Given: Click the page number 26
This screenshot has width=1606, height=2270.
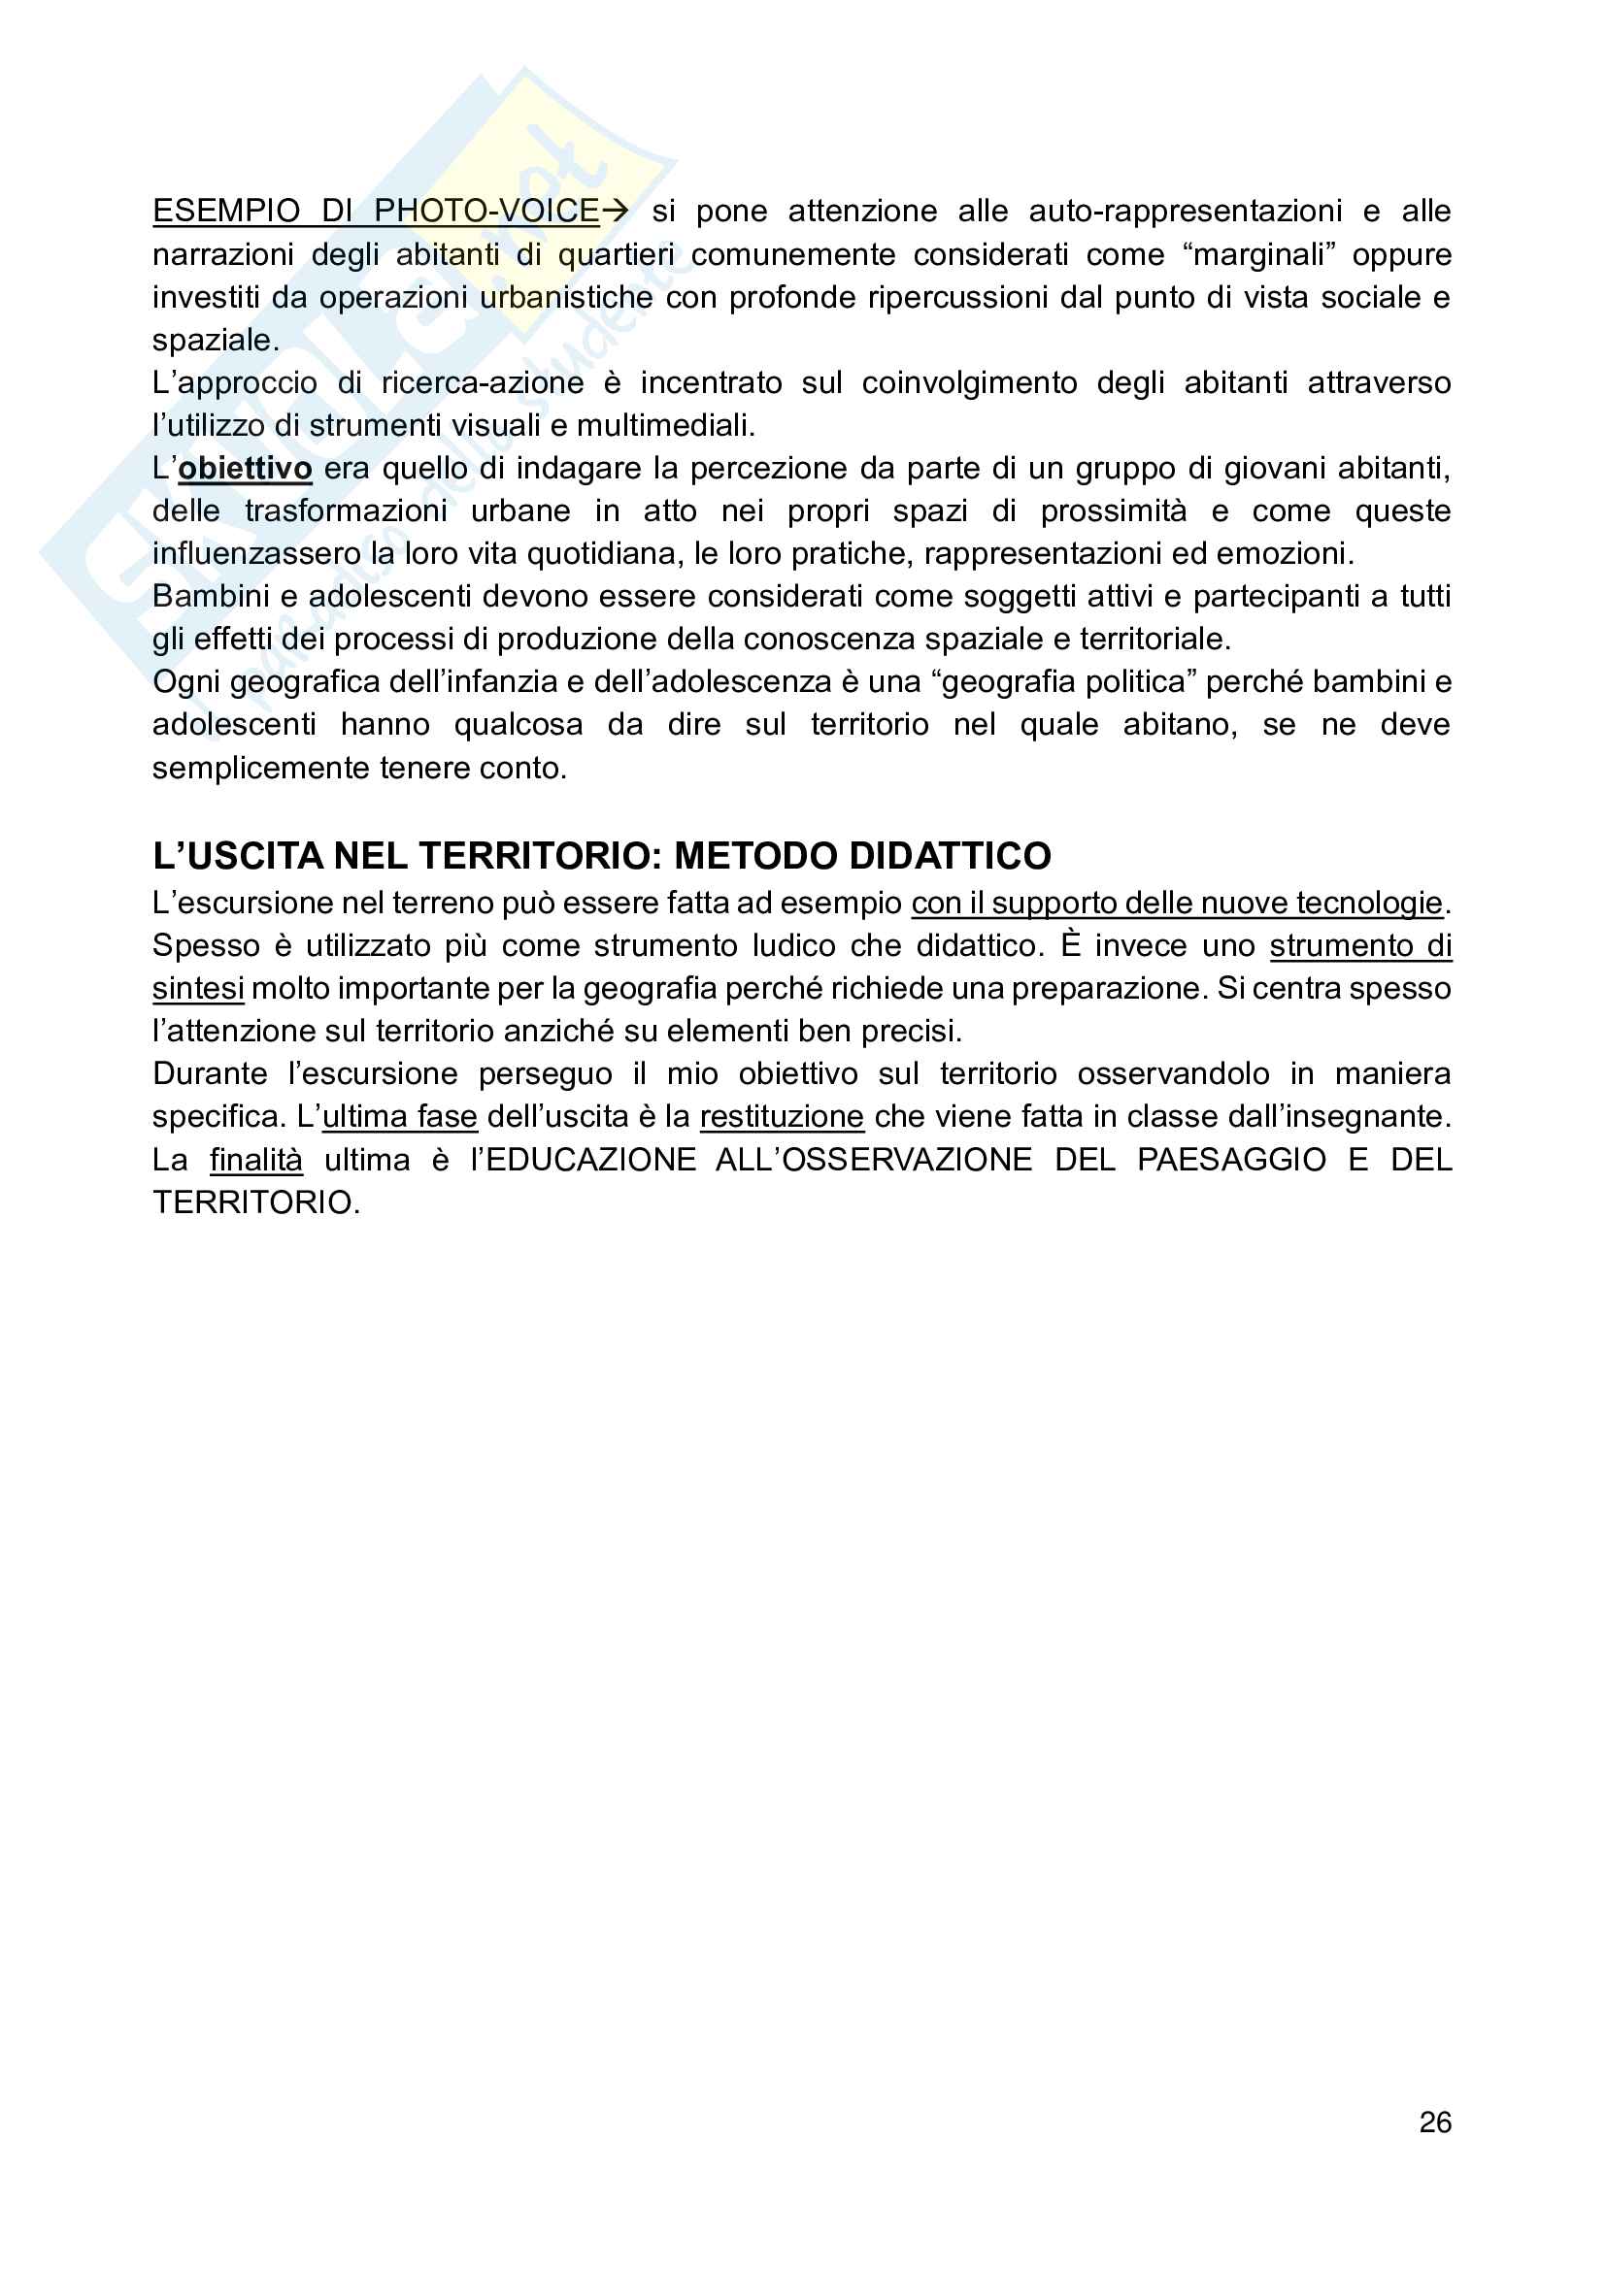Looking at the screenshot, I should coord(1434,2122).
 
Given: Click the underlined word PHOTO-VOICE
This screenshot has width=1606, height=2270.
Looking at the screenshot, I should coord(486,211).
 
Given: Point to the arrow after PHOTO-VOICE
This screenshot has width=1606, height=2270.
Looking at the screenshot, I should coord(615,211).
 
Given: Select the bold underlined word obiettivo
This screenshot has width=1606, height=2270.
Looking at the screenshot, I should coord(246,468).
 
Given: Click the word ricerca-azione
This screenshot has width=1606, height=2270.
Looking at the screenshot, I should coord(483,382).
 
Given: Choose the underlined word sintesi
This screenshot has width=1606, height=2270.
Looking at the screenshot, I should coord(198,989).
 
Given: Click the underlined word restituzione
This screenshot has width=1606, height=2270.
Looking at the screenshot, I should coord(782,1116).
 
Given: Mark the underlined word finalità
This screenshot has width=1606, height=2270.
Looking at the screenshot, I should coord(256,1159).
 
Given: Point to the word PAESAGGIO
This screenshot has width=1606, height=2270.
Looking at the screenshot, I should coord(1230,1159).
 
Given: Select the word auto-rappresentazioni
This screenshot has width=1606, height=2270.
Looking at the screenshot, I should coord(1185,211).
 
